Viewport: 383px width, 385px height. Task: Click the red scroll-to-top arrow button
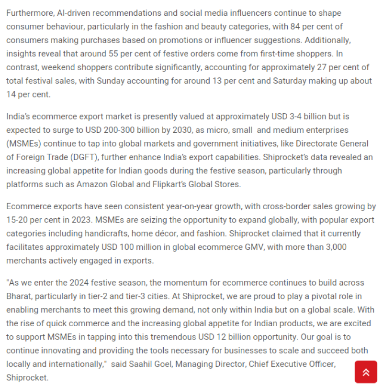click(366, 372)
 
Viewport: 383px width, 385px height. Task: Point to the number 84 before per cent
click(293, 27)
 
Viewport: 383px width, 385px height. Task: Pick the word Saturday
click(289, 81)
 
